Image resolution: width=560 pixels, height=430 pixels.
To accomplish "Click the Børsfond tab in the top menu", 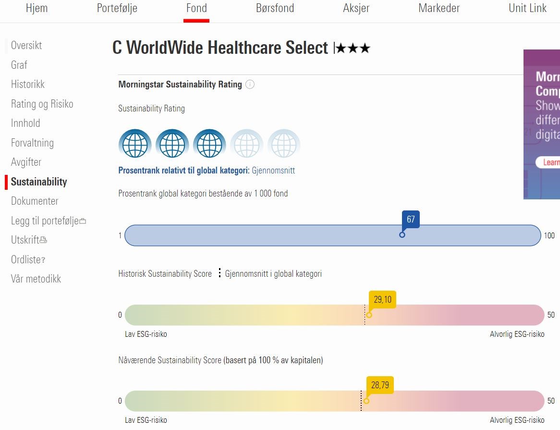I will point(275,8).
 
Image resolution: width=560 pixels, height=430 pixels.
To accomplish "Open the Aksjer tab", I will point(356,8).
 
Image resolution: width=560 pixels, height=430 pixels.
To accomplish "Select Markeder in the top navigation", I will point(439,8).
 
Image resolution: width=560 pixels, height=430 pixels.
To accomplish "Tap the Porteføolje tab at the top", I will point(117,8).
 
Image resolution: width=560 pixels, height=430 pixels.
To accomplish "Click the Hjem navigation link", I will point(37,8).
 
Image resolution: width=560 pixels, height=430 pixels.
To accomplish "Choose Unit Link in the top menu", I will point(527,8).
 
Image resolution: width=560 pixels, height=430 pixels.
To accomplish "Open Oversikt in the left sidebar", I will point(26,46).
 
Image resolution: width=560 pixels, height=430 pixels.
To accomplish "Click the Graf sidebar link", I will point(19,65).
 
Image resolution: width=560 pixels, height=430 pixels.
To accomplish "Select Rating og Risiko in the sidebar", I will point(42,104).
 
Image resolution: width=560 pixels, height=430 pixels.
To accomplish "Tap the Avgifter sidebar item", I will point(26,162).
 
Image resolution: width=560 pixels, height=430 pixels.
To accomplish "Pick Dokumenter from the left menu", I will point(35,201).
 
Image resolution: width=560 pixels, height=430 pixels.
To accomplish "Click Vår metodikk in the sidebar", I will point(36,279).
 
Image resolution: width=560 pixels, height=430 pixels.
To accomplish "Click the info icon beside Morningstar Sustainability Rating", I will point(250,85).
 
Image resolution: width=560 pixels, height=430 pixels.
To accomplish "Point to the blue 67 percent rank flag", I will point(411,220).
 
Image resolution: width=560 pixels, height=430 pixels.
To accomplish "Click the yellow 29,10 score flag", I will point(382,300).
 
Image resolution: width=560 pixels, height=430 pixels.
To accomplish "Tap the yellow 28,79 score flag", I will point(380,385).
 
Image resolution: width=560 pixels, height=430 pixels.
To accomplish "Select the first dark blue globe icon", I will point(135,144).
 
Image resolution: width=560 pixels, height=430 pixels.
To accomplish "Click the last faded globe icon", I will point(284,144).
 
